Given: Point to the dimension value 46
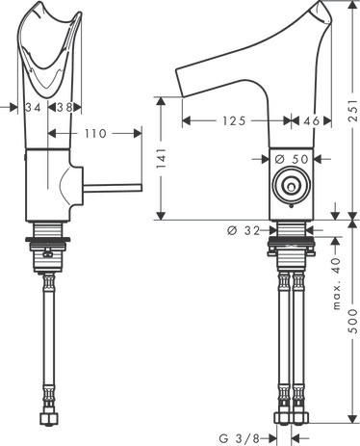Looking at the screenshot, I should click(312, 122).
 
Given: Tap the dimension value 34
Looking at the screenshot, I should click(33, 108).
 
